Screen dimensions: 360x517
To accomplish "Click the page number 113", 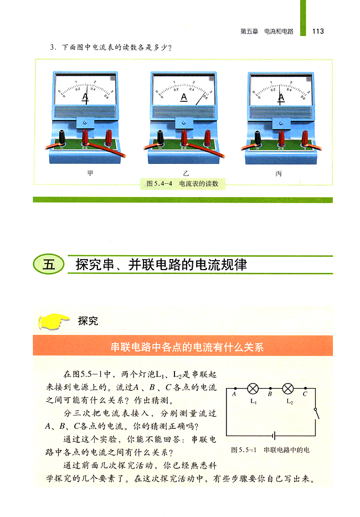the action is coord(318,32).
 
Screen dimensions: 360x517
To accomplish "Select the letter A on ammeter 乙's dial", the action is coord(184,97).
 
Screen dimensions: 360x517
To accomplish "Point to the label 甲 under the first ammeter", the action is coord(90,173).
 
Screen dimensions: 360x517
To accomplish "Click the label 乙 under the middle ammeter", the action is coord(186,173).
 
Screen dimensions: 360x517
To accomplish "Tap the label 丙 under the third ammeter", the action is coord(279,173).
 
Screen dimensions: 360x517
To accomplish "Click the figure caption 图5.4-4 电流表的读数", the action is coord(182,184).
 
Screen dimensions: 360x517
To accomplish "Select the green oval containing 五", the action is coord(49,265).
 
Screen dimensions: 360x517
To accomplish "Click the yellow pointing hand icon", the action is coord(53,321).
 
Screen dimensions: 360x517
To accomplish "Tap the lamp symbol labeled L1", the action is coord(253,389).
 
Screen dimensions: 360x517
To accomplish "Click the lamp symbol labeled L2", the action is coord(288,389).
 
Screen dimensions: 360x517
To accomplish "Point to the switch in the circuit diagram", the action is coord(316,413).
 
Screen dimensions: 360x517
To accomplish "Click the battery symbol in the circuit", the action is coord(274,436).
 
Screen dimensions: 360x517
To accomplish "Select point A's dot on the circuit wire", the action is coord(235,389).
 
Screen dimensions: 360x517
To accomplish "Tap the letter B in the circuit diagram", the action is coord(270,394).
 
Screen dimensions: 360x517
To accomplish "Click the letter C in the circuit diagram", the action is coord(305,394).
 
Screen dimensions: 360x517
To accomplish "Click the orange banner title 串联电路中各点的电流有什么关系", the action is coord(187,347).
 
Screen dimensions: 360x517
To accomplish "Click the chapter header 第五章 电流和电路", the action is coord(266,32).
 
